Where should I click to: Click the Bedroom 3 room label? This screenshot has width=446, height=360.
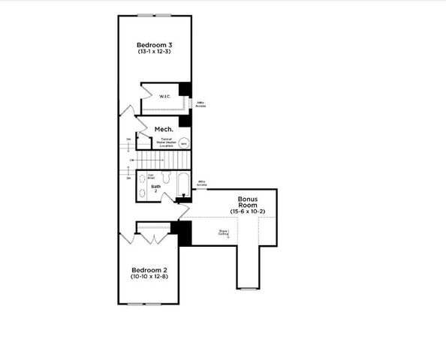pyautogui.click(x=155, y=43)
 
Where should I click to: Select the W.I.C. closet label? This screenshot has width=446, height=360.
pyautogui.click(x=165, y=96)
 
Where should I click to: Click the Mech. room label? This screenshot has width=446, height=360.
pyautogui.click(x=164, y=130)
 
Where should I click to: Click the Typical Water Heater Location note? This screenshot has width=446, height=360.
pyautogui.click(x=166, y=142)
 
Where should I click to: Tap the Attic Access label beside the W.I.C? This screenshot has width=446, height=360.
pyautogui.click(x=200, y=104)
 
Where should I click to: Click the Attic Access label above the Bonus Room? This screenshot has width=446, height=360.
pyautogui.click(x=202, y=183)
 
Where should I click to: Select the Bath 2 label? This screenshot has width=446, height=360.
pyautogui.click(x=155, y=188)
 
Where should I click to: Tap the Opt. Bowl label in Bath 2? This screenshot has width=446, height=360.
pyautogui.click(x=151, y=177)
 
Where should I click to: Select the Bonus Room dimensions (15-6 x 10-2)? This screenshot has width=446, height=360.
pyautogui.click(x=248, y=213)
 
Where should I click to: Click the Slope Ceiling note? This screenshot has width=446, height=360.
pyautogui.click(x=224, y=233)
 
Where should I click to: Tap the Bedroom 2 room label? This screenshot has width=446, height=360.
pyautogui.click(x=149, y=270)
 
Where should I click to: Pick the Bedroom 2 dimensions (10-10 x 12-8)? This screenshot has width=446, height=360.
pyautogui.click(x=149, y=277)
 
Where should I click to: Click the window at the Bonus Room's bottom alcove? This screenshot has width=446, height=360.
pyautogui.click(x=249, y=288)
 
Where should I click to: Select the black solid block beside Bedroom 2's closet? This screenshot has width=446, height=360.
pyautogui.click(x=184, y=233)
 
